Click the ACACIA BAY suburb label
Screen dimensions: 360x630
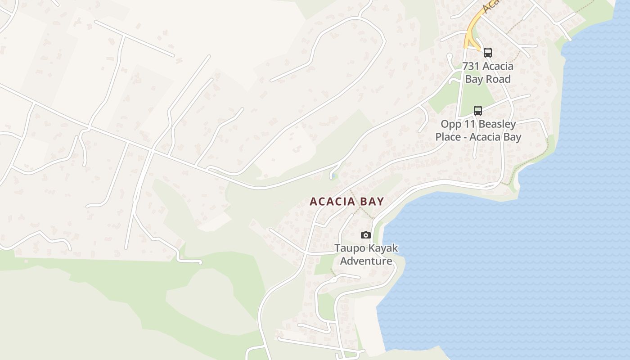point(346,201)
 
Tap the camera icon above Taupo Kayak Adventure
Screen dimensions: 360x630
point(365,235)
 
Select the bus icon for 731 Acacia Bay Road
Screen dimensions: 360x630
point(488,52)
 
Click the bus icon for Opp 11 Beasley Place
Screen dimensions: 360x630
point(478,110)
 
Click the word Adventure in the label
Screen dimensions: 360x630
point(366,261)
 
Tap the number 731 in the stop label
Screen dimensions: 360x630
point(471,66)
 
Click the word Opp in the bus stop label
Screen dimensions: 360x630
point(450,124)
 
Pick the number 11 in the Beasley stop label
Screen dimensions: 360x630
point(468,124)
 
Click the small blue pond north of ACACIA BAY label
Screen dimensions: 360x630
point(333,176)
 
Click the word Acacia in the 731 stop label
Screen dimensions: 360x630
point(498,66)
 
